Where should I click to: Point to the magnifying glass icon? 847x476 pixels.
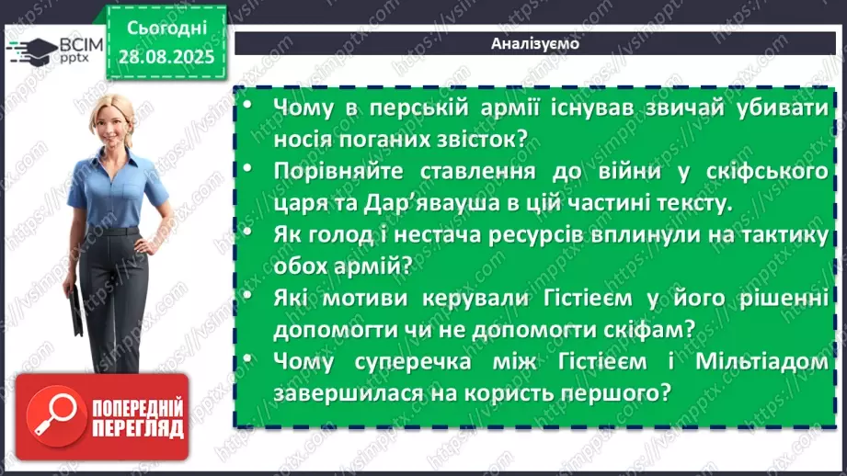(x=53, y=417)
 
